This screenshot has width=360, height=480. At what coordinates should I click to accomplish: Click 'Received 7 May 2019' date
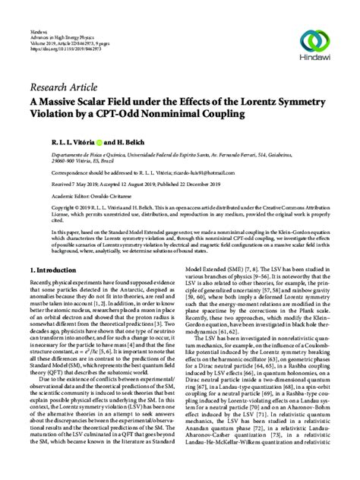[x=55, y=183]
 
